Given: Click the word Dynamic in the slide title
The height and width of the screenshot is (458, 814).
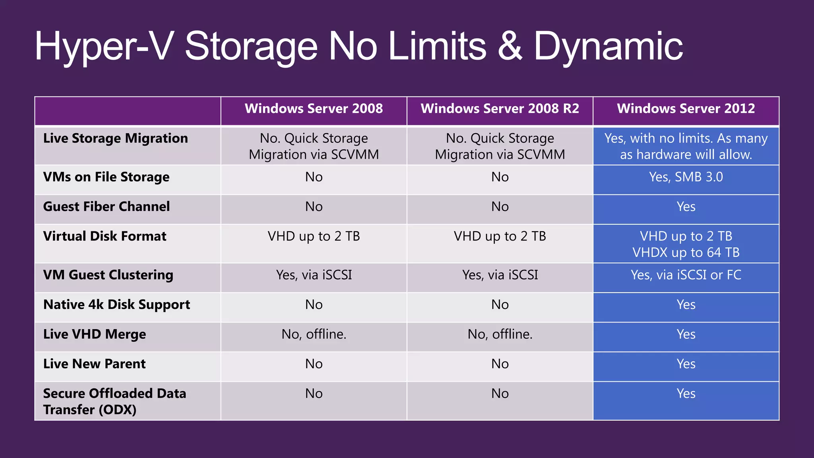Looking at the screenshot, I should pyautogui.click(x=608, y=47).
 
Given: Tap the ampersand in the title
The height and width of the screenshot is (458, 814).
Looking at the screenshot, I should pyautogui.click(x=510, y=47).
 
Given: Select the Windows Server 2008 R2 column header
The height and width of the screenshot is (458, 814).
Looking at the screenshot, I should pyautogui.click(x=500, y=109).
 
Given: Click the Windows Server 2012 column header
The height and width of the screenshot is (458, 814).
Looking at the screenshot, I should pyautogui.click(x=686, y=109).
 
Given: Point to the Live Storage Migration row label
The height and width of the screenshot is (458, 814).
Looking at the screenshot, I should pyautogui.click(x=115, y=138).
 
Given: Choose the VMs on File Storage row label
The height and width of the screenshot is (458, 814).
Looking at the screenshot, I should pyautogui.click(x=106, y=177).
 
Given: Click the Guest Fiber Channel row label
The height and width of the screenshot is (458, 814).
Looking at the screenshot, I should pyautogui.click(x=106, y=207).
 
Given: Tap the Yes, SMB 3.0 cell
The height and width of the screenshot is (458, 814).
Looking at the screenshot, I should pyautogui.click(x=686, y=177).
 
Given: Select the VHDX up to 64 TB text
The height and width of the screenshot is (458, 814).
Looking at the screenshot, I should pyautogui.click(x=686, y=252).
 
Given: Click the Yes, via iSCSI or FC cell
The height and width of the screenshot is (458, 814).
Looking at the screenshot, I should pyautogui.click(x=686, y=275).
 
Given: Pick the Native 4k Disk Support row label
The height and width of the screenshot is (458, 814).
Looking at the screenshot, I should pyautogui.click(x=116, y=305).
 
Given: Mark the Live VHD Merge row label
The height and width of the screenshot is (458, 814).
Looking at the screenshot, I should pyautogui.click(x=95, y=334).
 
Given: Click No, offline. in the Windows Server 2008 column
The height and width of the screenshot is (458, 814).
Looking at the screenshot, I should pyautogui.click(x=314, y=334).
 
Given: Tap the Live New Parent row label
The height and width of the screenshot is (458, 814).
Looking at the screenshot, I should pyautogui.click(x=94, y=364).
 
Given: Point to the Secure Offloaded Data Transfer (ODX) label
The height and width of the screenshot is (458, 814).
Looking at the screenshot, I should pyautogui.click(x=114, y=402).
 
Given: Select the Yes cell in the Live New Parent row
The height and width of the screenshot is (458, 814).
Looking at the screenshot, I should pyautogui.click(x=686, y=364).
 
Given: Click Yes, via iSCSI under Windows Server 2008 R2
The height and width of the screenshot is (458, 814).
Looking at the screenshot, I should pyautogui.click(x=500, y=275).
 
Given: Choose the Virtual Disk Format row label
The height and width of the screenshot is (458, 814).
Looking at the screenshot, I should pyautogui.click(x=105, y=237).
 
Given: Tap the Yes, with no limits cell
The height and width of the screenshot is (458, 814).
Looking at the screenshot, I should pyautogui.click(x=686, y=146).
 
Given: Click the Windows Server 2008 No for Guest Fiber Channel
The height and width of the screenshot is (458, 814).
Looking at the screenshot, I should pyautogui.click(x=314, y=207).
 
